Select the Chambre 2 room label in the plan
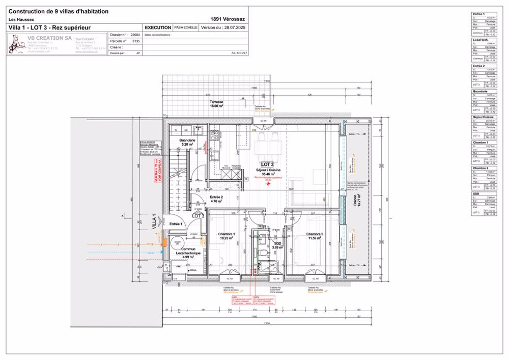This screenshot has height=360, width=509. (315, 234)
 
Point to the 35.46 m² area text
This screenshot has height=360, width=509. (268, 174)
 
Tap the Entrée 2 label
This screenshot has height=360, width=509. (216, 197)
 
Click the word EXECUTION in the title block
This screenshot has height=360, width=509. (157, 27)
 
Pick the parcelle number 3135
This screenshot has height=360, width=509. (135, 41)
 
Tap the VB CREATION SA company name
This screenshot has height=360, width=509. (49, 38)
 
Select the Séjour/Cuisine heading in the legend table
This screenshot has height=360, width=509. (483, 117)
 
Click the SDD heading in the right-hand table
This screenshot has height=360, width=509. (476, 194)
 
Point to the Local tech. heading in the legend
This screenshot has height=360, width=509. (481, 40)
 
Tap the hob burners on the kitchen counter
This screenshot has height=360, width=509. (215, 135)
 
